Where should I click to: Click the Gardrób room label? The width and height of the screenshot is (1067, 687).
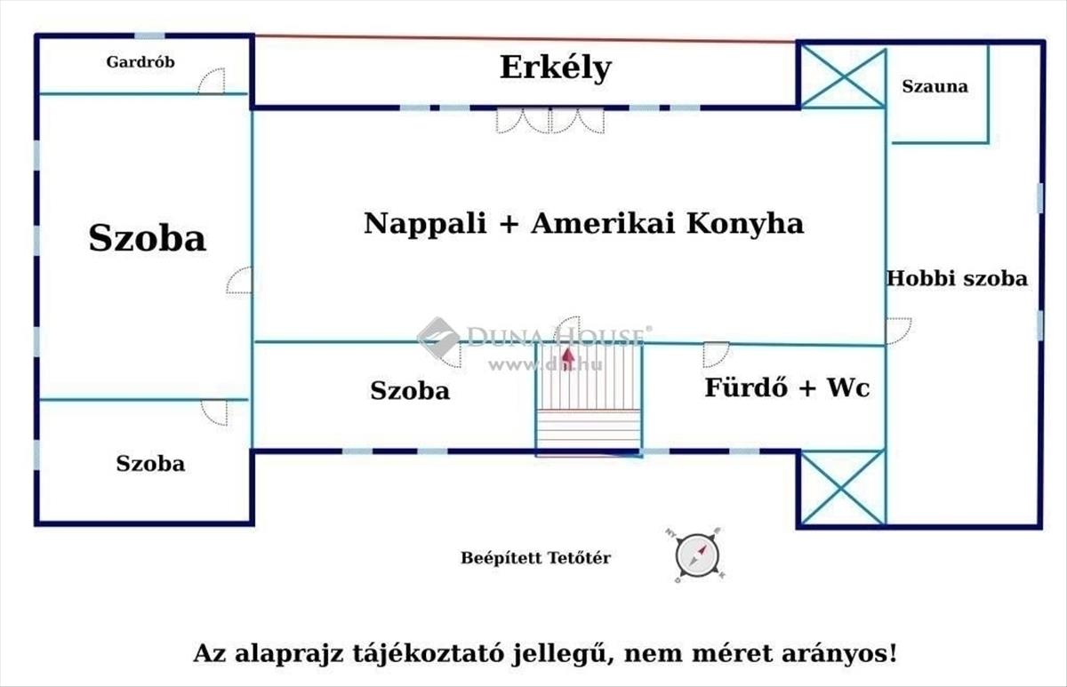[140, 62]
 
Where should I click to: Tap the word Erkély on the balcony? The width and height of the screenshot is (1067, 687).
[556, 68]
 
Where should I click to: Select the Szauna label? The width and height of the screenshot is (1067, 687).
[935, 86]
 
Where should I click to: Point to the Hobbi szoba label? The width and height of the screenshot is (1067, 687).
[957, 278]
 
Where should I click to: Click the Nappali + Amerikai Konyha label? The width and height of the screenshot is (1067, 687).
[584, 223]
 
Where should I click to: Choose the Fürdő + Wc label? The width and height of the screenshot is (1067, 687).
[787, 387]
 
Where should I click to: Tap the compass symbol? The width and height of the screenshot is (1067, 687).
[697, 555]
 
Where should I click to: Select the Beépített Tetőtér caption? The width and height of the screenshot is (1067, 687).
[535, 557]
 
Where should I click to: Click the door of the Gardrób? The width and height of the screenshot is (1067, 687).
[212, 81]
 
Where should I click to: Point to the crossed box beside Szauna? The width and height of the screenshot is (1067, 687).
[843, 77]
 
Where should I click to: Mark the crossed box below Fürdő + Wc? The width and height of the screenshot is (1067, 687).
[843, 488]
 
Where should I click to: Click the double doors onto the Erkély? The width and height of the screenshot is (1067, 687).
[550, 121]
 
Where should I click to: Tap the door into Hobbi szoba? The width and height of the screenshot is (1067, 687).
[899, 331]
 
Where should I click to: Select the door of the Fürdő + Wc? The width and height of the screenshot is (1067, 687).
[716, 355]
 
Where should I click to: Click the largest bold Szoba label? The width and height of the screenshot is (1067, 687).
[148, 237]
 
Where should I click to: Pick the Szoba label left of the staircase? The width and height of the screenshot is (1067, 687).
[410, 390]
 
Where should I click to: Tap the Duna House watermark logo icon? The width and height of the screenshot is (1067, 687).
[438, 338]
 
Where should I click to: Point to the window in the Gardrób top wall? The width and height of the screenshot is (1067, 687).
[149, 36]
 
